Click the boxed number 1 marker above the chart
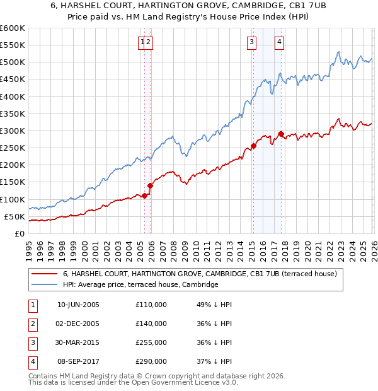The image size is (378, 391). click(x=142, y=42)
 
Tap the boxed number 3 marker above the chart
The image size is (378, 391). click(x=251, y=42)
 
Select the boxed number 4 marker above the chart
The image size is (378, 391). click(x=278, y=42)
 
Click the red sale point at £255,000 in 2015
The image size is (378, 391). click(x=253, y=146)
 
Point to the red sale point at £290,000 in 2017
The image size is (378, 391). click(x=280, y=134)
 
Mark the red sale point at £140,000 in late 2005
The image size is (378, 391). click(x=151, y=185)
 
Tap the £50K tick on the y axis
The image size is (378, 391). click(x=15, y=216)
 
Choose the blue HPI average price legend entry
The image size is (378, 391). click(x=140, y=284)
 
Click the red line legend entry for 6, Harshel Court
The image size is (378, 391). click(x=200, y=274)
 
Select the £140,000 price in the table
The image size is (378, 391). click(x=151, y=324)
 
